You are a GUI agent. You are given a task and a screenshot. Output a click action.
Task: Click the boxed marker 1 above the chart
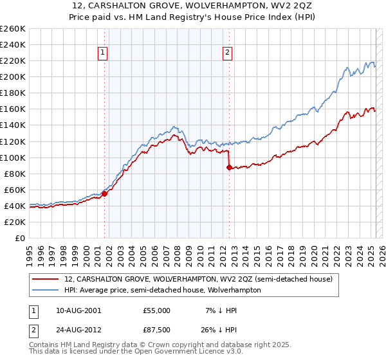pyautogui.click(x=103, y=53)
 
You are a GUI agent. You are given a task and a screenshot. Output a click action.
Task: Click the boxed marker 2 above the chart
pyautogui.click(x=228, y=53)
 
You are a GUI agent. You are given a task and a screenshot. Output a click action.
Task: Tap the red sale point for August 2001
pyautogui.click(x=104, y=193)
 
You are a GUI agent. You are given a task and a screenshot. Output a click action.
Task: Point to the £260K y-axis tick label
pyautogui.click(x=13, y=28)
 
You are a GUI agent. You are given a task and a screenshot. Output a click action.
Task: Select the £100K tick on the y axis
pyautogui.click(x=13, y=157)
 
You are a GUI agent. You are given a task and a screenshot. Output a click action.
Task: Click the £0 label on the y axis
pyautogui.click(x=19, y=238)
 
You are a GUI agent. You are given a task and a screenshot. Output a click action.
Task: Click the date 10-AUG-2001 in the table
pyautogui.click(x=74, y=310)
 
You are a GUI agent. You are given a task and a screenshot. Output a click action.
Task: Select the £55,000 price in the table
pyautogui.click(x=158, y=310)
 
